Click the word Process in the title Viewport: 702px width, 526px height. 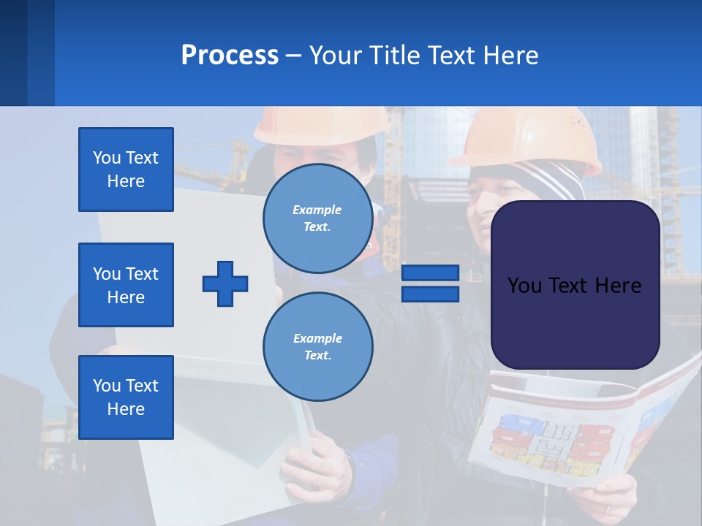(x=230, y=56)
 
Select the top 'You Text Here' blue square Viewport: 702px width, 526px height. (x=126, y=169)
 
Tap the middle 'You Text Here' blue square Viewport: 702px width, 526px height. (x=126, y=285)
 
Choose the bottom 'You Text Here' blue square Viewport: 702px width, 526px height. (x=126, y=397)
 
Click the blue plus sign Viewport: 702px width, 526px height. (x=225, y=283)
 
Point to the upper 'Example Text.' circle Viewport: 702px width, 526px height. (x=317, y=218)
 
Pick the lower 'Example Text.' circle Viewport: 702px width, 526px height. (x=317, y=346)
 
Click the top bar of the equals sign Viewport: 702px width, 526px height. (x=430, y=273)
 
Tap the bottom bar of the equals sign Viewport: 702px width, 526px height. (x=430, y=294)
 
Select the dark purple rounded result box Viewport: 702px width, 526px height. (x=575, y=285)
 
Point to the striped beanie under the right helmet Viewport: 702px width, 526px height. (x=556, y=179)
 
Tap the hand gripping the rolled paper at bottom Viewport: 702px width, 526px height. (x=314, y=468)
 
